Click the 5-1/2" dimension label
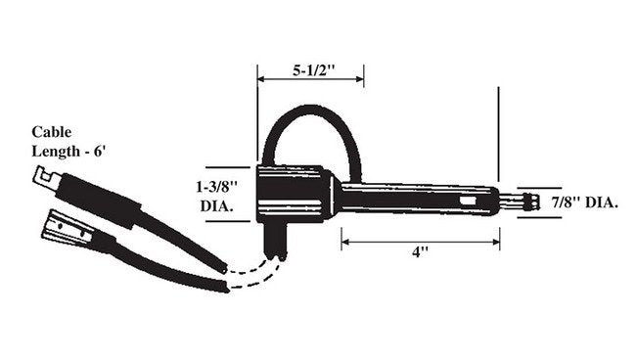(314, 70)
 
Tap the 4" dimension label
(420, 252)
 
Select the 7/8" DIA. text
(584, 202)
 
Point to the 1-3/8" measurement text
(216, 187)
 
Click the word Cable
(52, 132)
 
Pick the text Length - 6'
(68, 152)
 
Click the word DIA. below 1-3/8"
(216, 206)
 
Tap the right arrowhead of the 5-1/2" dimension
(360, 78)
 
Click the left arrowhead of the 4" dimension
(345, 242)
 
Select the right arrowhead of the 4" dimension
(496, 242)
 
